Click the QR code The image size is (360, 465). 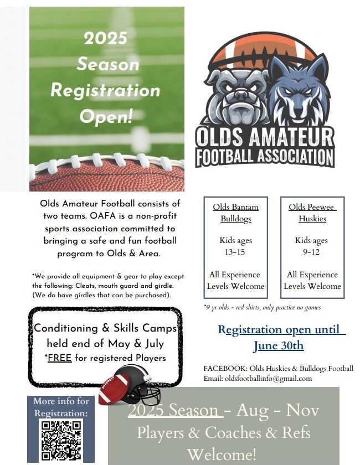click(x=61, y=440)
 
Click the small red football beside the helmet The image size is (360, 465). click(x=114, y=389)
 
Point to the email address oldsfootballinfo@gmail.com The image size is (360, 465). click(x=268, y=379)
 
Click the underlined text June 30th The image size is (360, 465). click(x=279, y=346)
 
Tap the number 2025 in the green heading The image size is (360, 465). click(x=105, y=38)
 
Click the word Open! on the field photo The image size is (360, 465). click(x=106, y=117)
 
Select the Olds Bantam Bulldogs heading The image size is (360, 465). click(x=235, y=213)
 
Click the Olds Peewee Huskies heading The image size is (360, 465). click(x=312, y=213)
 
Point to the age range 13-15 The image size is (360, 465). click(x=235, y=252)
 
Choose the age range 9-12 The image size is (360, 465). click(x=311, y=252)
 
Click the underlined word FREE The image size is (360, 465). click(x=60, y=358)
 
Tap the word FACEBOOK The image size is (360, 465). click(x=225, y=369)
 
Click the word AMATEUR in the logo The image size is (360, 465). click(x=291, y=137)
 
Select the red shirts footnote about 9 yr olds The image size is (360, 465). click(x=263, y=308)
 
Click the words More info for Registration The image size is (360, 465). click(x=61, y=407)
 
